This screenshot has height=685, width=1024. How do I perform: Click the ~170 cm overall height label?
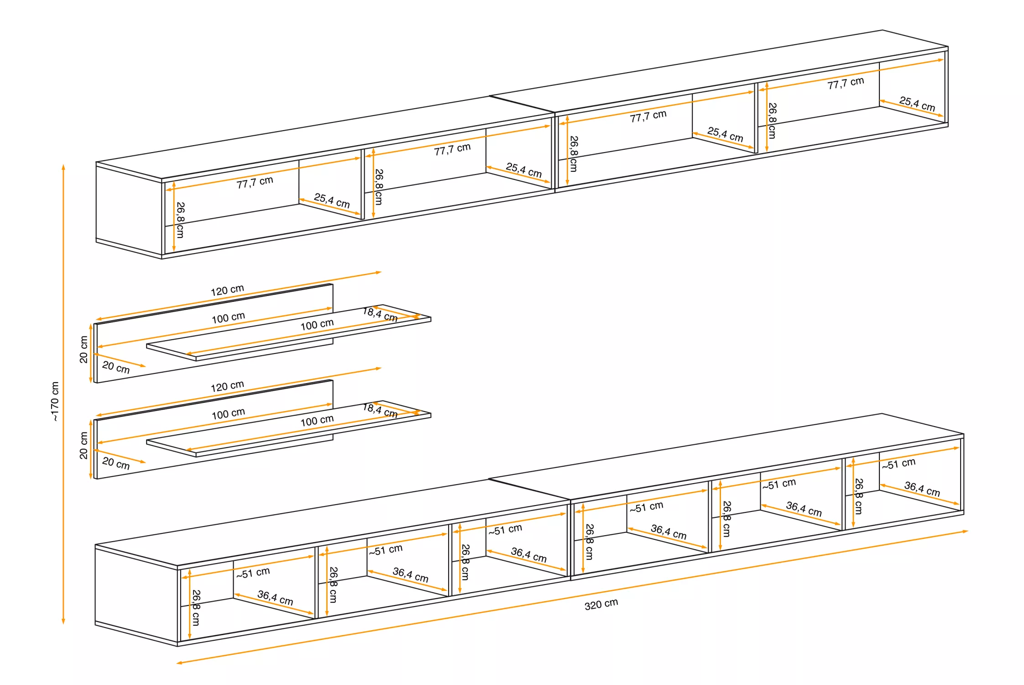coord(55,401)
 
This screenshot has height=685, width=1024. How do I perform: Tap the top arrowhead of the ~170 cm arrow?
coord(63,167)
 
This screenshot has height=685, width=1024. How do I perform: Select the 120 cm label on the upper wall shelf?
coord(227,290)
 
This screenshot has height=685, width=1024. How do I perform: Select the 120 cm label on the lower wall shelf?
coord(227,386)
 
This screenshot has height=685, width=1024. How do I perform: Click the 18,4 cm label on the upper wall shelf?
coord(380,314)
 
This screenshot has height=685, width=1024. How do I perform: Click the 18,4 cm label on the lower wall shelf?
coord(380,410)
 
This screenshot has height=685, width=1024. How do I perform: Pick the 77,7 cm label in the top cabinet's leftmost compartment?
coord(255,182)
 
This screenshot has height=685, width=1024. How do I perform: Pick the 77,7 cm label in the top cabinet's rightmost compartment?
coord(846,83)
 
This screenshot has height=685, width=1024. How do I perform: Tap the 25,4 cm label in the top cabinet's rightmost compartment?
coord(917,104)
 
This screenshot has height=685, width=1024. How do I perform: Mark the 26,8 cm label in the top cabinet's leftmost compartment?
coord(180,220)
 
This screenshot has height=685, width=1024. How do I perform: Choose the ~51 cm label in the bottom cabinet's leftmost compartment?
coord(253,573)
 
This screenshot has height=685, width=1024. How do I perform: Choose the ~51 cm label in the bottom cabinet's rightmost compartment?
coord(899,464)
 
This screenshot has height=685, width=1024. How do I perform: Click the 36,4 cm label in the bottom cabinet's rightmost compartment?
coord(922,489)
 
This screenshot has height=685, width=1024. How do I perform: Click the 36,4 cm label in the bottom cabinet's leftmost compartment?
coord(275,597)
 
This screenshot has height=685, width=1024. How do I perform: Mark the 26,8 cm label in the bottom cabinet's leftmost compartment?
coord(196,607)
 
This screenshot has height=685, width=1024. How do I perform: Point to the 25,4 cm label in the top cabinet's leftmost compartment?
coord(332,200)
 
